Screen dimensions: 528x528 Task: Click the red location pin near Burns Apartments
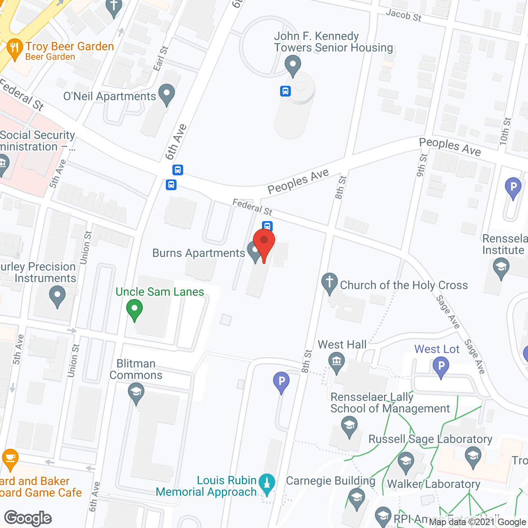(x=264, y=241)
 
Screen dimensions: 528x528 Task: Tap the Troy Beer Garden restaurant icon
(x=15, y=48)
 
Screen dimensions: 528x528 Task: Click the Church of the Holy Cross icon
(x=329, y=283)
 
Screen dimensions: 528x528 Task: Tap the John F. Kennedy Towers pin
(x=292, y=65)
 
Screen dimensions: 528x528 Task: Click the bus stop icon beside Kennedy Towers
(x=285, y=91)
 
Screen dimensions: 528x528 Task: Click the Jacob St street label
(x=403, y=15)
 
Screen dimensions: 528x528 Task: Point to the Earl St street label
(x=161, y=59)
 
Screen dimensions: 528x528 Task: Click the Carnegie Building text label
(x=330, y=481)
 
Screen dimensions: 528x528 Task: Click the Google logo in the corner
(x=28, y=518)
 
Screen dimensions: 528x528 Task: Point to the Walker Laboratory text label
(x=434, y=484)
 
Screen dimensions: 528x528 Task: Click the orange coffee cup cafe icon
(x=10, y=458)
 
